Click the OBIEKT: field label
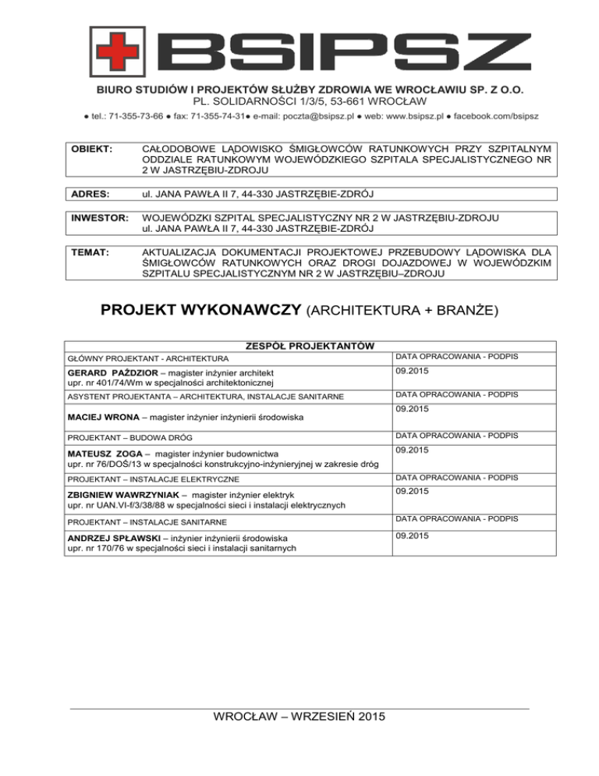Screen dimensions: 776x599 pyautogui.click(x=93, y=148)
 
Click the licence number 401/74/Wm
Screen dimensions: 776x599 pyautogui.click(x=119, y=383)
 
